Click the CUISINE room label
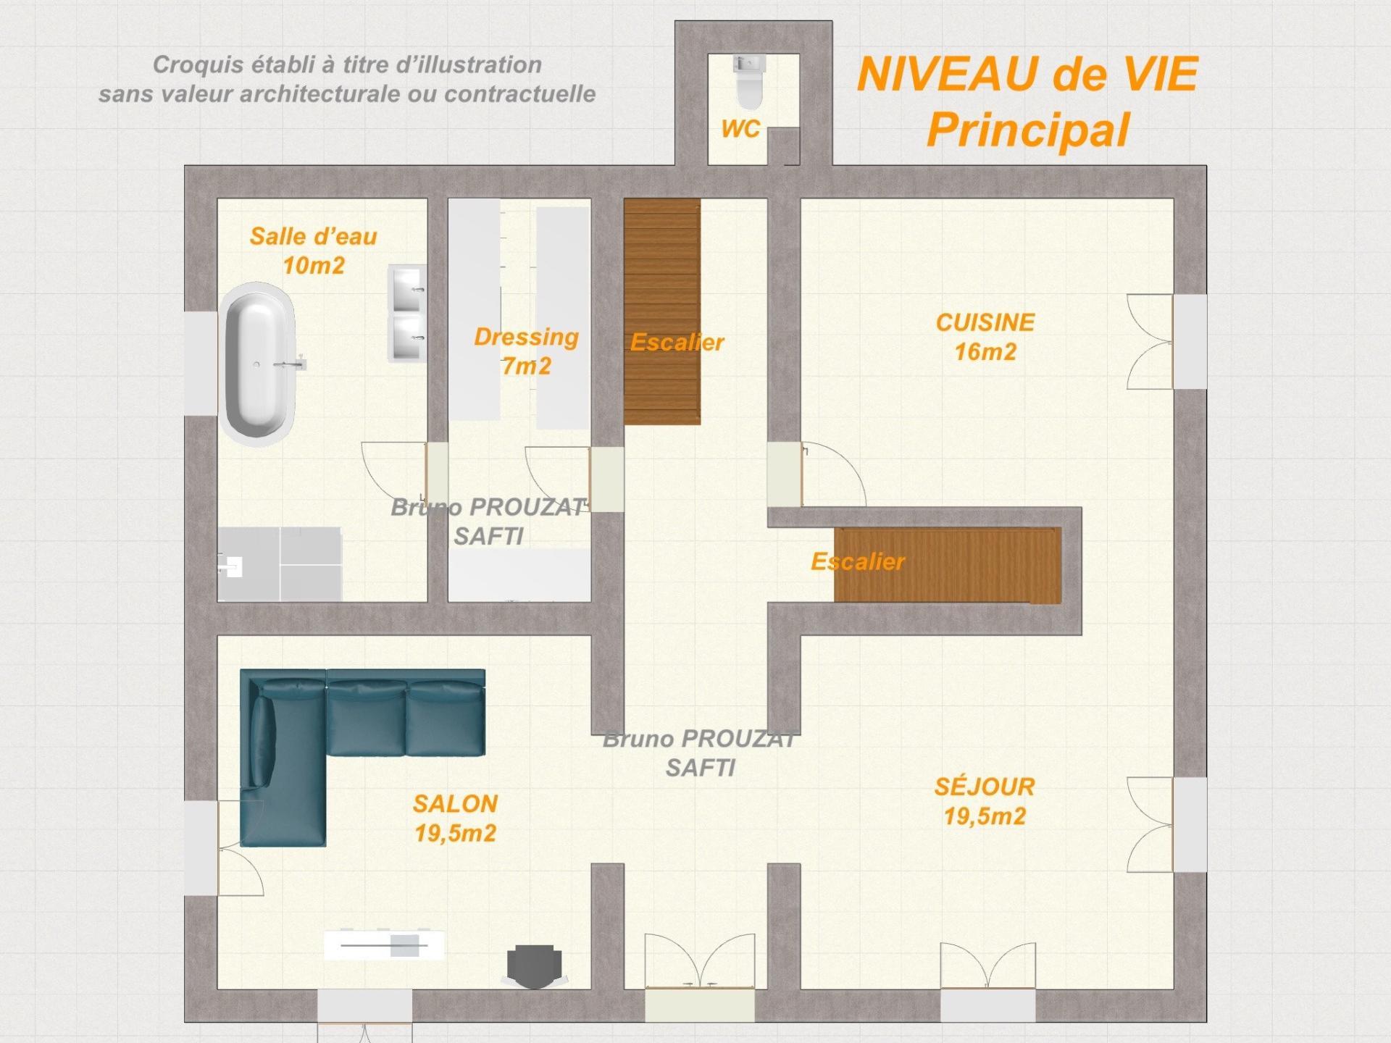pos(985,337)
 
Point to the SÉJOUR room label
pos(985,801)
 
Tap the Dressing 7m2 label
pos(527,351)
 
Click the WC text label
pos(740,129)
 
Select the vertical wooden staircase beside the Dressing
pos(662,311)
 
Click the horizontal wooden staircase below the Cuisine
pos(948,565)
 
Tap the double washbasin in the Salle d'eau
pos(406,313)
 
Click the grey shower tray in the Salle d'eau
pos(280,564)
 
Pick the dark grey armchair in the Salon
pos(534,966)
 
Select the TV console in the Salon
pos(384,944)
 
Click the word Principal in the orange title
pos(1028,130)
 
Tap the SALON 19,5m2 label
pos(455,818)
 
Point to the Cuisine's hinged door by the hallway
pos(833,474)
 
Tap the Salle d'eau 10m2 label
pos(314,251)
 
